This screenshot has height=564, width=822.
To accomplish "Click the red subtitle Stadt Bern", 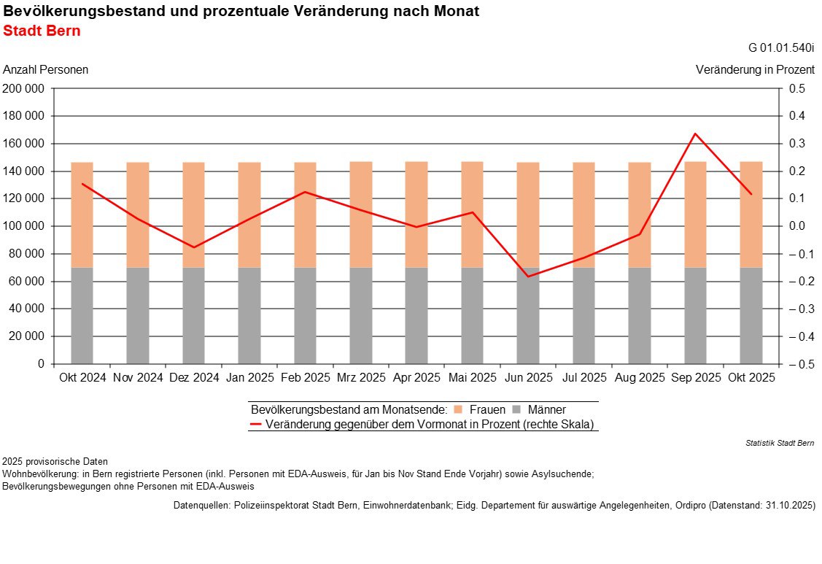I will [42, 31].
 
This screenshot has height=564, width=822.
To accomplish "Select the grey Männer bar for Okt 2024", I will [82, 315].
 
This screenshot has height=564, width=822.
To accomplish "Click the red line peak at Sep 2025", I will [695, 134].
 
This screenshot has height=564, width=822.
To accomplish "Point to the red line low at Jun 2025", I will [527, 277].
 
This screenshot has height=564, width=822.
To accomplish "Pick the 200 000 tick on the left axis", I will [24, 89].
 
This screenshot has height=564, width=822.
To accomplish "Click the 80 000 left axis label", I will [27, 254].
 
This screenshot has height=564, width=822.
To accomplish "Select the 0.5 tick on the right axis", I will [796, 89].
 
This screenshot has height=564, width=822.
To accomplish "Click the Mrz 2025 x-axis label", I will [361, 378].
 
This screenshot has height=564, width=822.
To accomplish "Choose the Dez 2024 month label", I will [193, 378].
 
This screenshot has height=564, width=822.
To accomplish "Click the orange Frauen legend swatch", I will [458, 410].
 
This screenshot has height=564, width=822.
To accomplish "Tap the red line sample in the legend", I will [256, 424].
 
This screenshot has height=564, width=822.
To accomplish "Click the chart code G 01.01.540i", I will [781, 48].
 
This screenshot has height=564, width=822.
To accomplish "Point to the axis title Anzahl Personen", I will [46, 70].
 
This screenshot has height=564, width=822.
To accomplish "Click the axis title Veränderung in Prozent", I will [755, 70].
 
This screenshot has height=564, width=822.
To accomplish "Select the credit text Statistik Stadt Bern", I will [780, 443].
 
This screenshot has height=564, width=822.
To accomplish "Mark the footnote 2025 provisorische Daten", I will [55, 461].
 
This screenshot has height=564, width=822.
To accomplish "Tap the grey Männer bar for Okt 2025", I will [751, 315].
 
